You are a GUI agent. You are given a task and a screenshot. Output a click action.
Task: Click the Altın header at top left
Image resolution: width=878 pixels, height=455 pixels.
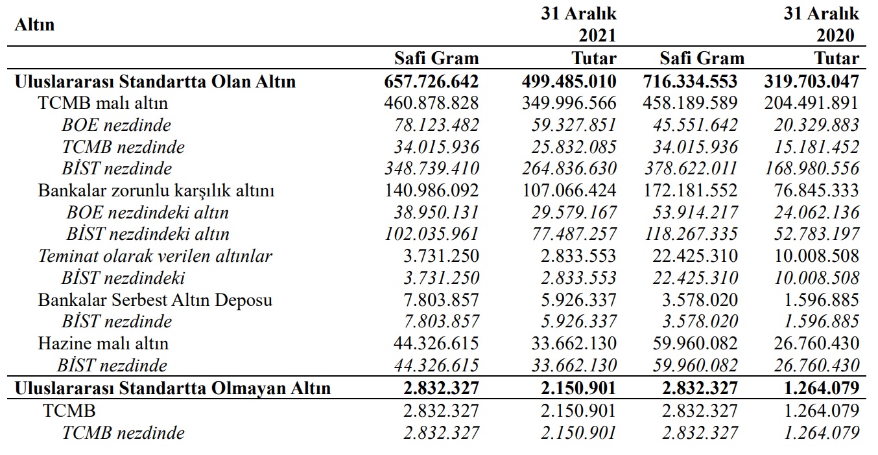tap(34, 25)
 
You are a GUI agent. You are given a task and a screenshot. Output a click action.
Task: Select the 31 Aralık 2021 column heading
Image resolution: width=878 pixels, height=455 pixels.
tap(579, 24)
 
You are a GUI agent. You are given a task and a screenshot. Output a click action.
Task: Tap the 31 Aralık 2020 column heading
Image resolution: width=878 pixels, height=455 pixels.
tap(822, 24)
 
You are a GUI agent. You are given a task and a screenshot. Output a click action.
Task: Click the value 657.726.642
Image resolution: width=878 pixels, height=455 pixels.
tap(431, 82)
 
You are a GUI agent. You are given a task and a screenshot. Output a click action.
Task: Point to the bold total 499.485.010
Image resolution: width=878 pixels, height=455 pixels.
tap(569, 82)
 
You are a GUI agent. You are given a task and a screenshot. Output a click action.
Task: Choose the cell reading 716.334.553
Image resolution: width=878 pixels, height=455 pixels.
tap(690, 82)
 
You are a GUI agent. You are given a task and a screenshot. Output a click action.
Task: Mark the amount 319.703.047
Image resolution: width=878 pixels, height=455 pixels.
tap(811, 82)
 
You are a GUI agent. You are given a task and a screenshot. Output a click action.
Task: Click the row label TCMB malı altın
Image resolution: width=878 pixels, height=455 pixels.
tap(102, 103)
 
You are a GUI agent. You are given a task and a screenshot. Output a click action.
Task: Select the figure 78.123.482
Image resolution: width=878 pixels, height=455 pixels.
tap(436, 125)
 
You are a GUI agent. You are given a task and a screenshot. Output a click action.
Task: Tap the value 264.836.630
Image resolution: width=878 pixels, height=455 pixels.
tap(569, 169)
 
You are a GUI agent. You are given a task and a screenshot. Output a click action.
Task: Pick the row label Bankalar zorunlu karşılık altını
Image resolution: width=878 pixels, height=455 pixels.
tap(156, 191)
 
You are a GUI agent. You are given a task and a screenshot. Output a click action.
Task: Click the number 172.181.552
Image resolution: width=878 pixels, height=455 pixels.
tap(690, 191)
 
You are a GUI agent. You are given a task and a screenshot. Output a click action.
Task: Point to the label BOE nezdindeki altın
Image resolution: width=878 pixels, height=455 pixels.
tap(147, 213)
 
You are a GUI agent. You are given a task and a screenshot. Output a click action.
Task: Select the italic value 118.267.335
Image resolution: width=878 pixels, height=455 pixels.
tap(691, 234)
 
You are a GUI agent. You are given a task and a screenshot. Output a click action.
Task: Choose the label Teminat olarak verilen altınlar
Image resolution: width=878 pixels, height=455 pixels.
tap(155, 256)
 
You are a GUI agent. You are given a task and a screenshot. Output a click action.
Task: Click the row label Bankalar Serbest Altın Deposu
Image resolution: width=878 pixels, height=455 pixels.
tap(155, 300)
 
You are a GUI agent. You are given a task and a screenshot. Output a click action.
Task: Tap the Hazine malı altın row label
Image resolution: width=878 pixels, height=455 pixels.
tap(103, 344)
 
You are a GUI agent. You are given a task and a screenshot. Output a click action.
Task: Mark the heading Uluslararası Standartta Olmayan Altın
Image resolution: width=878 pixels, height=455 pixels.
tap(173, 388)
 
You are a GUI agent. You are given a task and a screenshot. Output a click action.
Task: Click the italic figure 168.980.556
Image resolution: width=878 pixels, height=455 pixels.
tap(812, 169)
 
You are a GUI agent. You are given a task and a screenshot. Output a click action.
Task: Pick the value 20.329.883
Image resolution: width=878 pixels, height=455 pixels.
tap(816, 125)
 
